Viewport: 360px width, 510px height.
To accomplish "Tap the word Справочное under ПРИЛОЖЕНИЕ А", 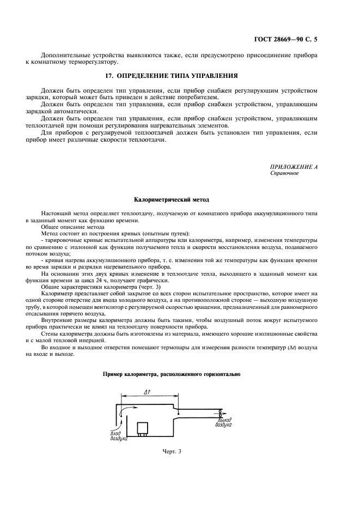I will pyautogui.click(x=284, y=173).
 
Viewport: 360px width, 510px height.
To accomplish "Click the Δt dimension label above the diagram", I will pyautogui.click(x=147, y=392).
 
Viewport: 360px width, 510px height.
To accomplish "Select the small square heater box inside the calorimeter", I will pyautogui.click(x=143, y=428).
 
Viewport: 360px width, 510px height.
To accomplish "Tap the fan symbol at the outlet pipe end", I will pyautogui.click(x=219, y=411).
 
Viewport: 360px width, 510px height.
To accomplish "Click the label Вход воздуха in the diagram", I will pyautogui.click(x=119, y=435).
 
